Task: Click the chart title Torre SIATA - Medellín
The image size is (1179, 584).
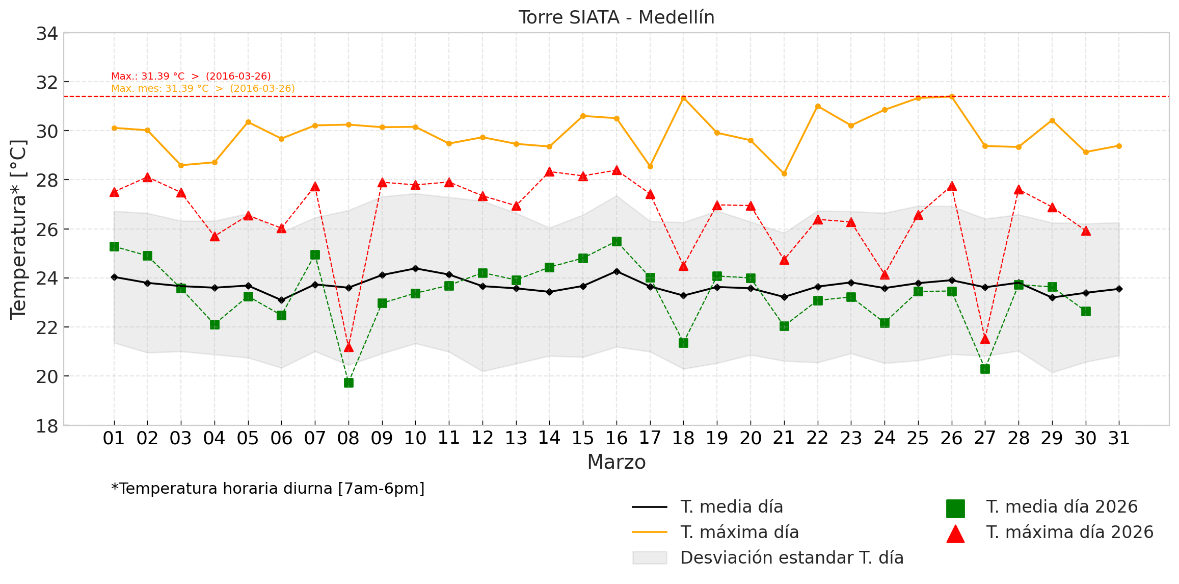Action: click(617, 17)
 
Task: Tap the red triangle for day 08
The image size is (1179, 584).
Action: click(349, 347)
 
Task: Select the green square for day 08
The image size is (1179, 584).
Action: click(349, 383)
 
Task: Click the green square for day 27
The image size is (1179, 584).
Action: click(985, 369)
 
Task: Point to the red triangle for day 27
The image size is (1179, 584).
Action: click(985, 339)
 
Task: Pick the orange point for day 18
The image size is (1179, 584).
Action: click(684, 98)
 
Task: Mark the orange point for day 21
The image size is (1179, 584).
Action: click(784, 173)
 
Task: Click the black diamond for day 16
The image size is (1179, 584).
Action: click(617, 271)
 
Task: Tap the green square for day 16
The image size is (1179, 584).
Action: click(617, 241)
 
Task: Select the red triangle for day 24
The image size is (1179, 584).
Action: click(885, 275)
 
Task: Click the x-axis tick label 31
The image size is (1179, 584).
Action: click(1119, 438)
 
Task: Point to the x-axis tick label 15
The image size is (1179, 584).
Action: click(583, 438)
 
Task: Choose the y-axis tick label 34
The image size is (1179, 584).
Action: click(47, 34)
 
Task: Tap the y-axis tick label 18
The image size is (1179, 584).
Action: click(47, 426)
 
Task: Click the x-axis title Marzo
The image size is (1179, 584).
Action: click(617, 462)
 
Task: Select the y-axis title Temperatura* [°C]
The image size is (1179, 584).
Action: click(18, 230)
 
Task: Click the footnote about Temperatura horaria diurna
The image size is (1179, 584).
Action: click(268, 489)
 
